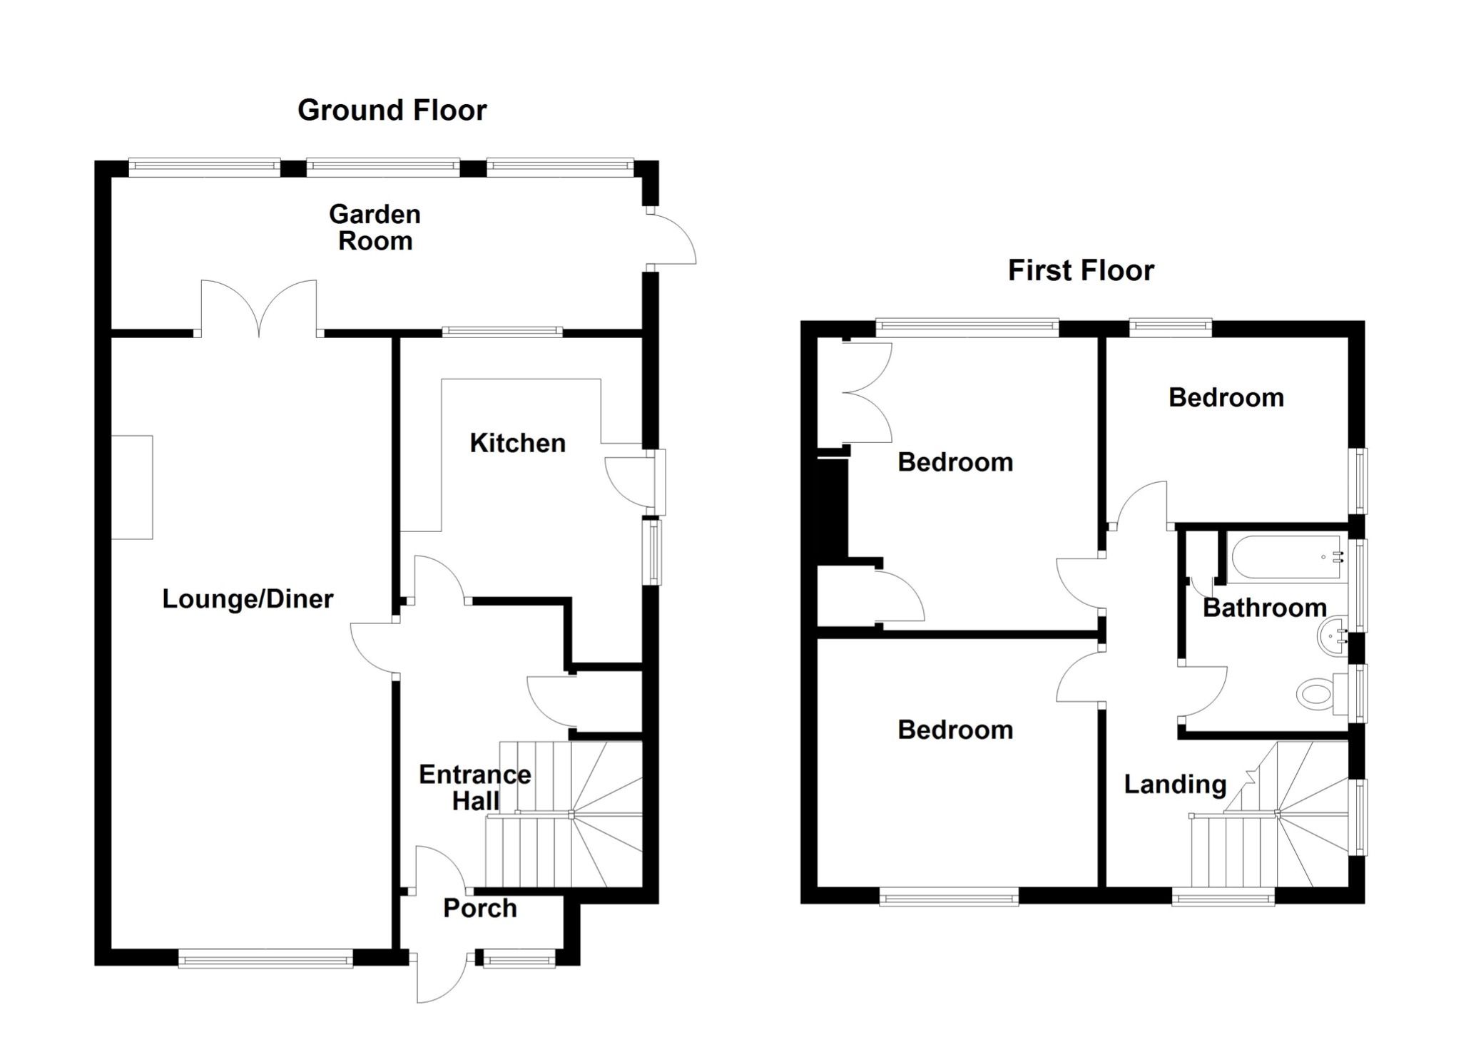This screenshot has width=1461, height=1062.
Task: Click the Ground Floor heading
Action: [392, 111]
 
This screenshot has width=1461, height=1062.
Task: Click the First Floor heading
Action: [1080, 271]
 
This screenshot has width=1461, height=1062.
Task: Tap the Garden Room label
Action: [375, 228]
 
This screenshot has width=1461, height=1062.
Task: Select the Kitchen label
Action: [517, 443]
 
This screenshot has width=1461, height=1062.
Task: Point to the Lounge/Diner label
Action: [248, 598]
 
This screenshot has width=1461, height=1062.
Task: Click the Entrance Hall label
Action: [474, 787]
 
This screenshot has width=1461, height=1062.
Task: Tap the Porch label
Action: [479, 908]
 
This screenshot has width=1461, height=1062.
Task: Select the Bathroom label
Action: [1264, 608]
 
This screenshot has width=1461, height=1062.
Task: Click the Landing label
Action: [1175, 784]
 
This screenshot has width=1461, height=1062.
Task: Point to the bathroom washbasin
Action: [1331, 634]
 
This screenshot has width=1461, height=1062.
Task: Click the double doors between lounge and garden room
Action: [258, 308]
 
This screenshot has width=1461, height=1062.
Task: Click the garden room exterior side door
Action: [671, 239]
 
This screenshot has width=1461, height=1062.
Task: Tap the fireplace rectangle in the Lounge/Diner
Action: [132, 487]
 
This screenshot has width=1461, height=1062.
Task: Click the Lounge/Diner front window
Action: [265, 958]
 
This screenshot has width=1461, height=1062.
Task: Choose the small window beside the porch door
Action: [519, 958]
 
